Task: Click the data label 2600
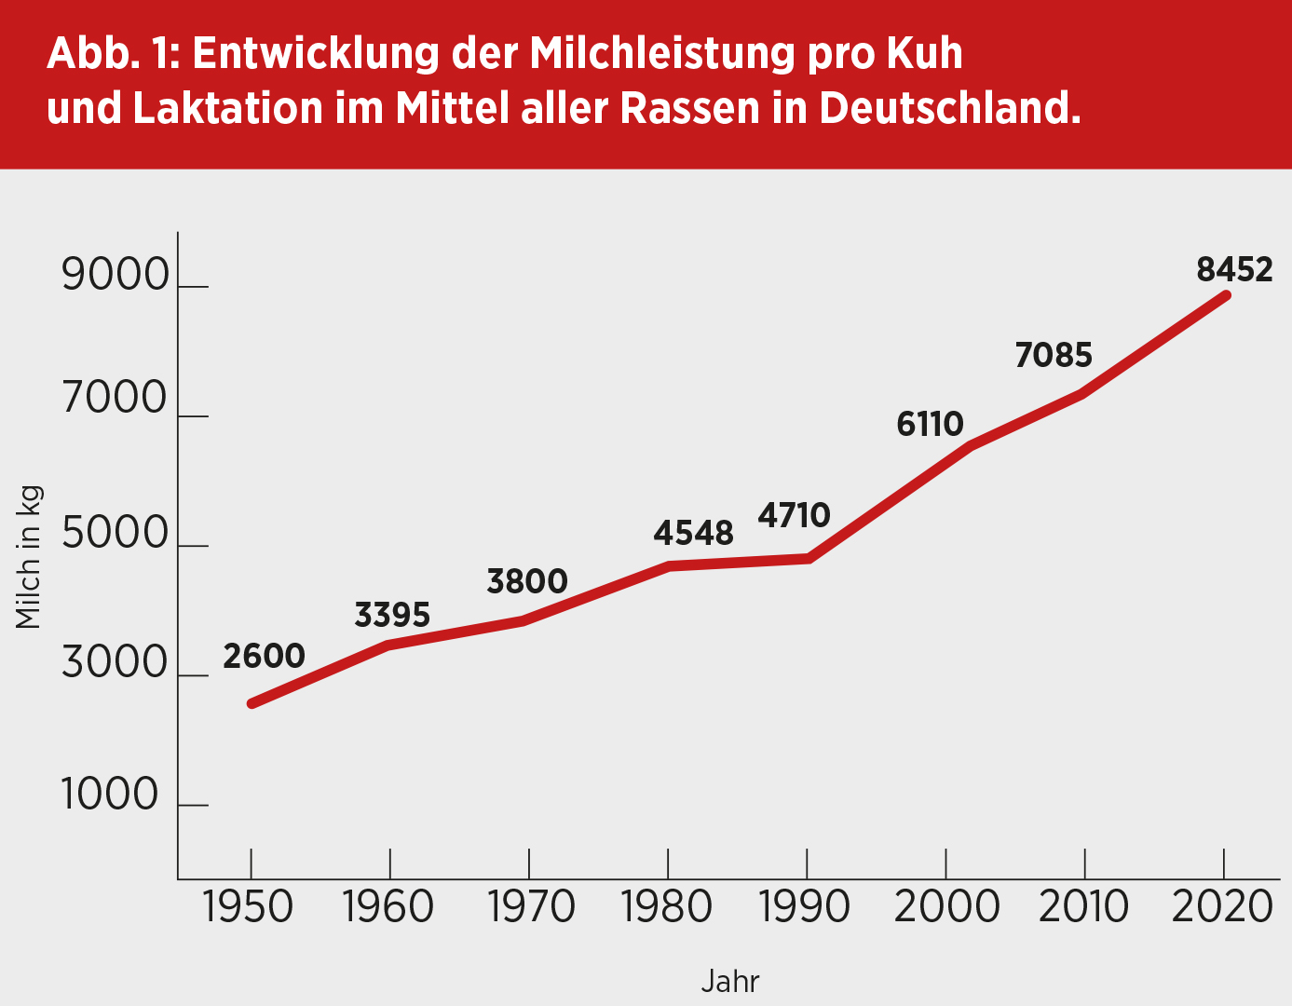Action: point(264,656)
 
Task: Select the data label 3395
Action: point(392,615)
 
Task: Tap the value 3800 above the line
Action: point(527,581)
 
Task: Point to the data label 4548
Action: point(693,533)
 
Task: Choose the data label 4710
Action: point(794,515)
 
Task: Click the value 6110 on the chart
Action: point(930,424)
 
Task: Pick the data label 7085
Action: point(1054,355)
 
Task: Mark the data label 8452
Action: point(1234,269)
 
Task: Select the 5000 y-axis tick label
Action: point(116,535)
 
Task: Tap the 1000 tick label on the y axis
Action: point(110,795)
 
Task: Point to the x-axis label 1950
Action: point(248,906)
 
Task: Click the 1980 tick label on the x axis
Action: point(667,906)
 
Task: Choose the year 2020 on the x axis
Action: point(1222,906)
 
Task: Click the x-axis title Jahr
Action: point(730,982)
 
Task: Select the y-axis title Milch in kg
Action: point(29,558)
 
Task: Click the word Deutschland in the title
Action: point(949,108)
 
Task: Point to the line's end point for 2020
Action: point(1226,295)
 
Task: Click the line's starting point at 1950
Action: point(252,703)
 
